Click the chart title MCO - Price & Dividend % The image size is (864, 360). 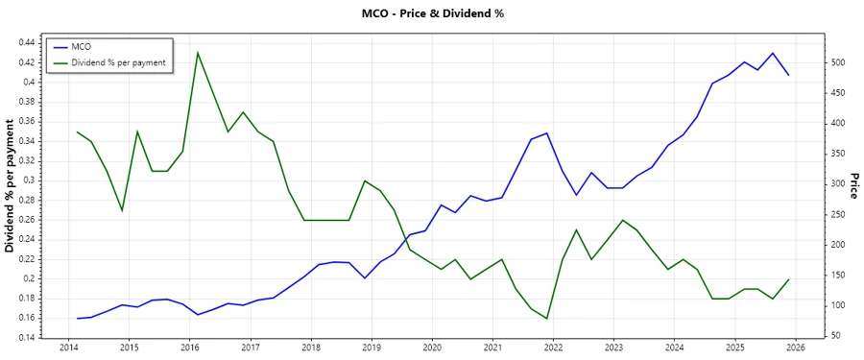[431, 13]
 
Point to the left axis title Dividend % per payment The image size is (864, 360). [11, 186]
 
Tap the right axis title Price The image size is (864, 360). [853, 186]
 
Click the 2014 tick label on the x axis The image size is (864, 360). [68, 348]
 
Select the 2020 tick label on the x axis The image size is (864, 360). [432, 348]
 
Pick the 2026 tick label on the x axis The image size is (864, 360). [795, 348]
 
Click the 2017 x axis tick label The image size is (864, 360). [250, 348]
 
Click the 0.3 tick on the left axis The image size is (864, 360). [27, 180]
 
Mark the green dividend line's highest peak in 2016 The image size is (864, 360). [198, 53]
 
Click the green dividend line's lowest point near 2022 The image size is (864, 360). [546, 319]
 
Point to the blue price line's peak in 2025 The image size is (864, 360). [773, 53]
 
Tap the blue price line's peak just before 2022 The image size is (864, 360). [546, 133]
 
